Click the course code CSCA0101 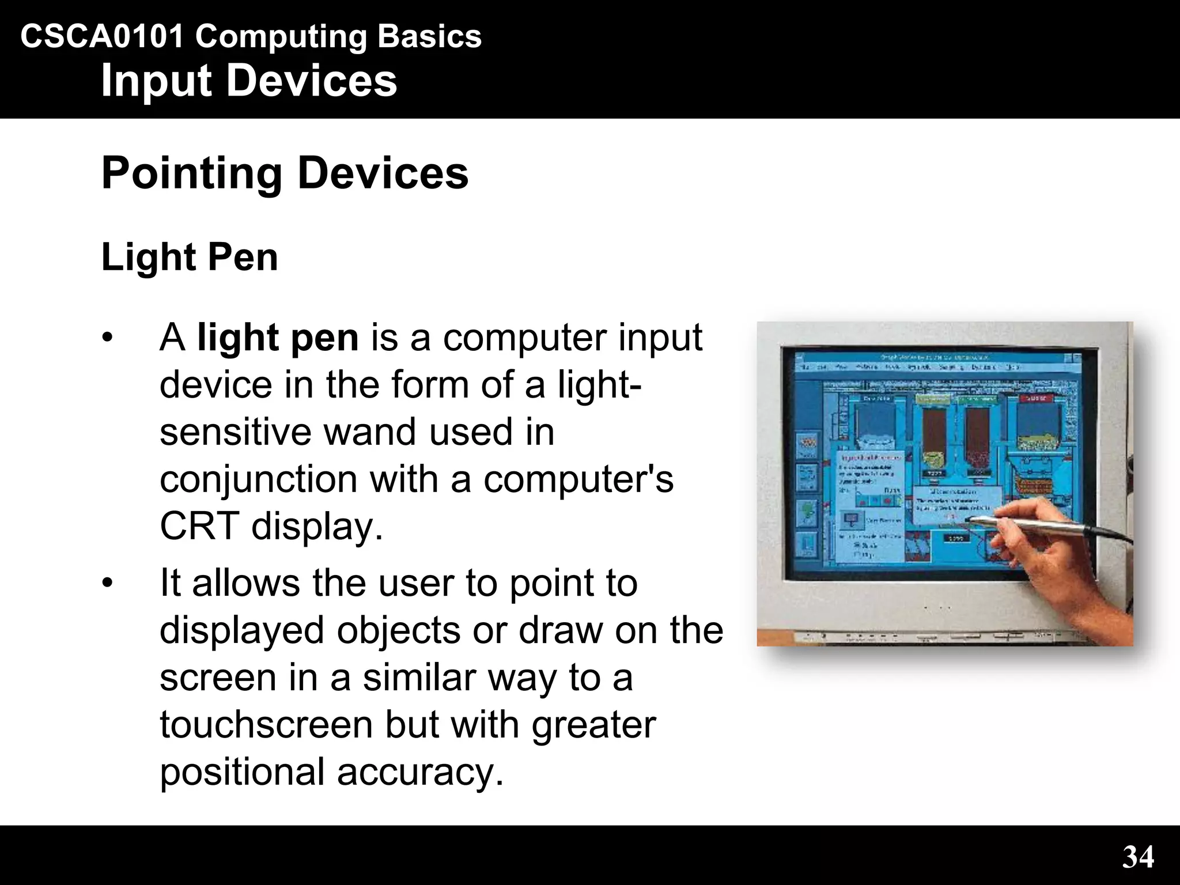click(102, 37)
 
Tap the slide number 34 click(1138, 857)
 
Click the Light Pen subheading click(190, 257)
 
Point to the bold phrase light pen click(278, 338)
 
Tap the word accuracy click(420, 772)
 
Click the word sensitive click(235, 432)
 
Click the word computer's click(578, 479)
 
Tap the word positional click(242, 772)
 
